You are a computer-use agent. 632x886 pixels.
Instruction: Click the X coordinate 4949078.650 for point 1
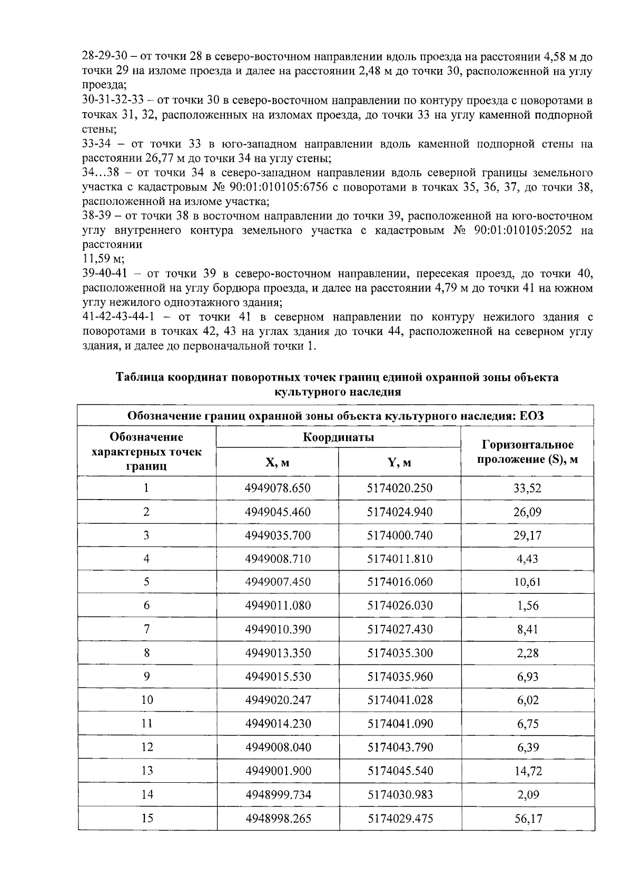click(x=278, y=488)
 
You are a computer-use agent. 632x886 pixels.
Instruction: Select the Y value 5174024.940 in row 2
click(x=400, y=512)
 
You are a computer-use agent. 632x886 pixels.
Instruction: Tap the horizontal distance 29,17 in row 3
click(x=527, y=535)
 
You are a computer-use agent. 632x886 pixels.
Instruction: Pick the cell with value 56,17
click(x=527, y=818)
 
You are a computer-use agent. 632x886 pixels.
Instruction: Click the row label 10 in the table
click(x=147, y=700)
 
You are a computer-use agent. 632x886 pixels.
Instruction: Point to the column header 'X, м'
click(x=278, y=462)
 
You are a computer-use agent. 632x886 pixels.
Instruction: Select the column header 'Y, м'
click(x=400, y=462)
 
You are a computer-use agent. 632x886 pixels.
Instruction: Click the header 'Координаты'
click(x=338, y=437)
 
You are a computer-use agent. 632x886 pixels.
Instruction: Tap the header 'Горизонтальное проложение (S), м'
click(x=527, y=452)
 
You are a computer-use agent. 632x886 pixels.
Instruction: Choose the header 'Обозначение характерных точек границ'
click(x=147, y=451)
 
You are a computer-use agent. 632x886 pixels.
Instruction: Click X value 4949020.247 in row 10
click(x=278, y=700)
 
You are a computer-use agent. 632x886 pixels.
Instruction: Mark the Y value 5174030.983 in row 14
click(x=400, y=794)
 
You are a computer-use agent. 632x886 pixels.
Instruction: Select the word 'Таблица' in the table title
click(x=138, y=377)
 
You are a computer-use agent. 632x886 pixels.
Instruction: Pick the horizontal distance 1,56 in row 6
click(x=527, y=605)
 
